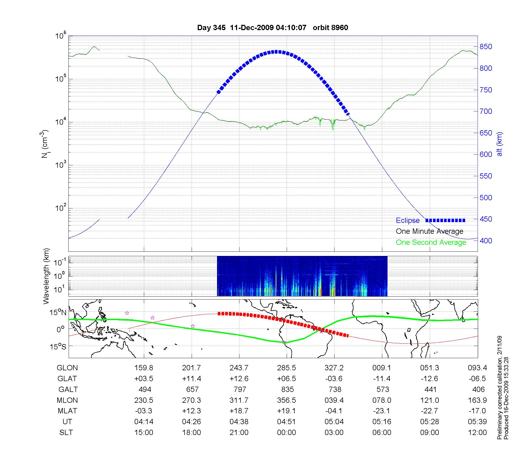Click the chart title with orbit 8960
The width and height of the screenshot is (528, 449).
272,27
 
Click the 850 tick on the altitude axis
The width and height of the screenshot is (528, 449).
486,47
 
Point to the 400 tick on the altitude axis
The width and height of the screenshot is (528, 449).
486,241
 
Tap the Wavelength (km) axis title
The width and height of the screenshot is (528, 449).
46,276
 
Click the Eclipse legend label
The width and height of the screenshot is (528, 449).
408,221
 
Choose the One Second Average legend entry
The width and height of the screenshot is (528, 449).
431,242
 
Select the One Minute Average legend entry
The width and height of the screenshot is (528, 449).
430,231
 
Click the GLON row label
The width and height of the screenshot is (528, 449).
67,368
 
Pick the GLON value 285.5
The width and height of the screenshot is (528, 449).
286,368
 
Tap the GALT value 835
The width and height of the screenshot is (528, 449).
287,389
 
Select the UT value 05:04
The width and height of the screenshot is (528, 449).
334,422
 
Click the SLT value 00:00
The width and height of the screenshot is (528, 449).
286,433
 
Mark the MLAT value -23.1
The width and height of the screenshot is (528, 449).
382,411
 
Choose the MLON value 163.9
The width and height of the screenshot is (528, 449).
477,400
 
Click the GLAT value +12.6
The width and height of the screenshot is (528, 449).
239,378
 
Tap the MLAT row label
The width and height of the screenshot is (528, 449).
67,411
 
